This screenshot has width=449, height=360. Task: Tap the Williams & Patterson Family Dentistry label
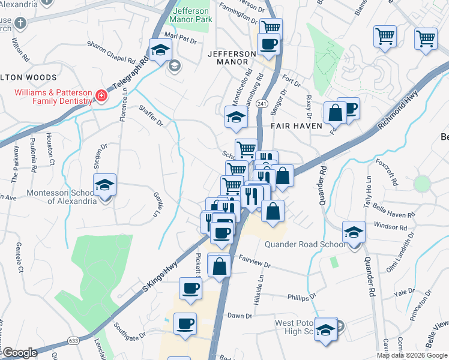(54, 97)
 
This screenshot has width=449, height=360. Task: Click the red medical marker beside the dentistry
(101, 95)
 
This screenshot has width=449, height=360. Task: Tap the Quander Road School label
(306, 244)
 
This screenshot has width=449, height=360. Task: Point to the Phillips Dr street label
(301, 296)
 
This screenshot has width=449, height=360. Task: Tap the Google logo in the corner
(19, 353)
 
